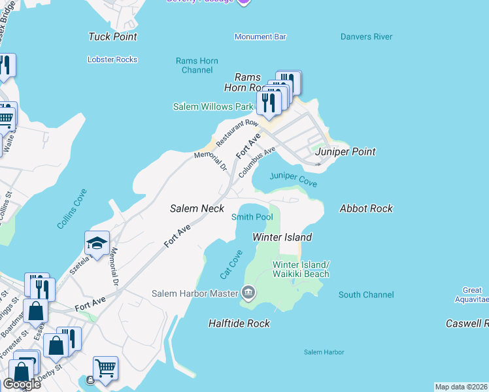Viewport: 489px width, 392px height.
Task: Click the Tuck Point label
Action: [x=112, y=37]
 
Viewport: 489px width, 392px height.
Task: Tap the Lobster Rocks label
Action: [x=112, y=59]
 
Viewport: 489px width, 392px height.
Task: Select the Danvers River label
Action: [x=366, y=37]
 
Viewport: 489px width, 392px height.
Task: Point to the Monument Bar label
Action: [x=260, y=37]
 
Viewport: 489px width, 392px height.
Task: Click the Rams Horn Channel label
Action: [x=197, y=65]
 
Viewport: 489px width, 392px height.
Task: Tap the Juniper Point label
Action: [x=345, y=152]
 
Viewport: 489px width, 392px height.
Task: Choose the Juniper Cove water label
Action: [x=294, y=179]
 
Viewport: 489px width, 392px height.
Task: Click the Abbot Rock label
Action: [x=366, y=208]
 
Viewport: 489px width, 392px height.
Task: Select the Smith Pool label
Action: [x=252, y=217]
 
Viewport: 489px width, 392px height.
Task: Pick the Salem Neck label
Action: [x=197, y=208]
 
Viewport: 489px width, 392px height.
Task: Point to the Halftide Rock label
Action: [x=239, y=323]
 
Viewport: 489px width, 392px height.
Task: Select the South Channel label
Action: [x=366, y=295]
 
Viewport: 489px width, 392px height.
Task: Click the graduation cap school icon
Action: [x=97, y=244]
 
